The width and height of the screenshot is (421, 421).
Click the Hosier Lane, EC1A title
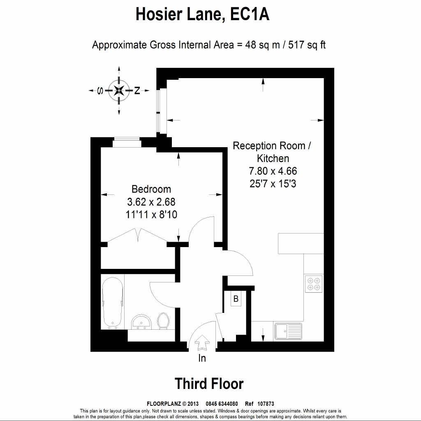point(203,15)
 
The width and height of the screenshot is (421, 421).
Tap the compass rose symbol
point(119,91)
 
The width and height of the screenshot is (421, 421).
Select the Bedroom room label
point(151,189)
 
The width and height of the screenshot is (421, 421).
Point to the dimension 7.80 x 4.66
point(273,171)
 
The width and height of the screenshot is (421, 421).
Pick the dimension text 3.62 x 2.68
point(151,202)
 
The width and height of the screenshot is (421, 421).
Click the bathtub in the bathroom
point(112,303)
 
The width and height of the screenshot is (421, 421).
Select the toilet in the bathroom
point(163,321)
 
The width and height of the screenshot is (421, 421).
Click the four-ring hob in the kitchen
point(314,283)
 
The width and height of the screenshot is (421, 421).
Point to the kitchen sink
point(288,331)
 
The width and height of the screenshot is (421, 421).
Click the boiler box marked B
point(236,299)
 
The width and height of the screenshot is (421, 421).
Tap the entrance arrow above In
point(202,342)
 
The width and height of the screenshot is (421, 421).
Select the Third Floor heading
point(209,384)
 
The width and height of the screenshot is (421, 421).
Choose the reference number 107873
point(265,404)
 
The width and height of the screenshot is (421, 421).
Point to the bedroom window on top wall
point(127,143)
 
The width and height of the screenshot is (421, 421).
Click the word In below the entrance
point(202,358)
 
